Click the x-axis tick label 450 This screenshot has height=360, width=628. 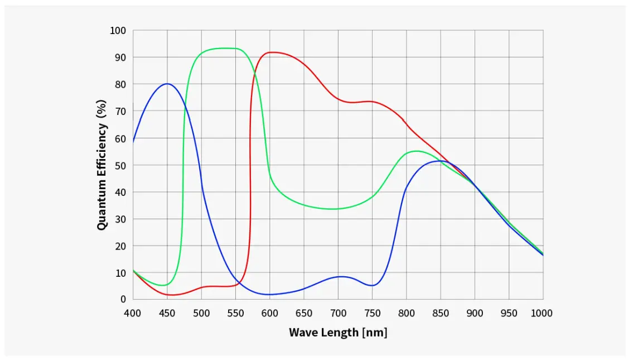coord(167,313)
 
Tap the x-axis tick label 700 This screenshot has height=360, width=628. coord(338,313)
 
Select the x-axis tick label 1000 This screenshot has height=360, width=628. coord(542,313)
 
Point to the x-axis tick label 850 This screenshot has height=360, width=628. coord(441,313)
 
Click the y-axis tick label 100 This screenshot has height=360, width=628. coord(118,30)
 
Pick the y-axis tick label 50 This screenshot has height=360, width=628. coord(120,165)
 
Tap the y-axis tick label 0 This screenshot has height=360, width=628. coord(123,300)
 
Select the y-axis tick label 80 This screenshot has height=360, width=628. coord(120,84)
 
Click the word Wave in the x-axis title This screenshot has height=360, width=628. coord(301,333)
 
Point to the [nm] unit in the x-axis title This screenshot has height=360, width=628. coord(375,333)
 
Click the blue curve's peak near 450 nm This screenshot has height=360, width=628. coord(167,84)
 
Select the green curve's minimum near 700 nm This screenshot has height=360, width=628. coord(334,209)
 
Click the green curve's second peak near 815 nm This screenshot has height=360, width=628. coord(417,151)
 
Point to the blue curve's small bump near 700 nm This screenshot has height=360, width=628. coord(340,276)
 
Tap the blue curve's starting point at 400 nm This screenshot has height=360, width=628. coord(133,142)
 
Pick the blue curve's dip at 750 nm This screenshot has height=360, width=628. coord(372,285)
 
